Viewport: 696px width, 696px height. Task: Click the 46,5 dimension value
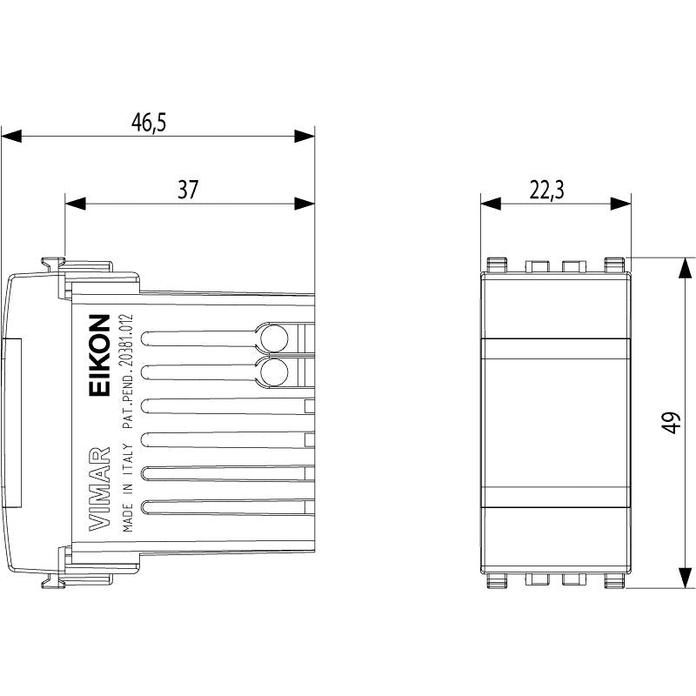(149, 122)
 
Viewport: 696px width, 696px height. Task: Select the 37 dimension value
(187, 190)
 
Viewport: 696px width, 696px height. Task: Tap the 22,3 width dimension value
(546, 190)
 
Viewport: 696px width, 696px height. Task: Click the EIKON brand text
(99, 355)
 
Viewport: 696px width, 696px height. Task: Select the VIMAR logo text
(99, 489)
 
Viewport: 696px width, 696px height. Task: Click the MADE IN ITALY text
(128, 488)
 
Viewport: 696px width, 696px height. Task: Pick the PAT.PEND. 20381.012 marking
(128, 371)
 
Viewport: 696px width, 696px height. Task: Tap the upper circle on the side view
(274, 338)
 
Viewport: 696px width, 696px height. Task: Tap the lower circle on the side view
(274, 372)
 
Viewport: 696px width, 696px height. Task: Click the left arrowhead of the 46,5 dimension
(11, 137)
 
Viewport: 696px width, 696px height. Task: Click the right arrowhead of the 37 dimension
(304, 204)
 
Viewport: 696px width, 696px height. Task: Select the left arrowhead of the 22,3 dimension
(491, 204)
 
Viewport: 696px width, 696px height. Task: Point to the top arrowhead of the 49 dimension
(686, 268)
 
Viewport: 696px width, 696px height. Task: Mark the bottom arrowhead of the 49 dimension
(686, 578)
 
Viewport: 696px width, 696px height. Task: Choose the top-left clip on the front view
(497, 264)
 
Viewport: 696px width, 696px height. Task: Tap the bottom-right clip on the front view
(615, 581)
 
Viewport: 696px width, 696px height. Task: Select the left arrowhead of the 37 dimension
(76, 204)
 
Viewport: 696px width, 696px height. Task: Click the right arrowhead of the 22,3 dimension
(620, 204)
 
